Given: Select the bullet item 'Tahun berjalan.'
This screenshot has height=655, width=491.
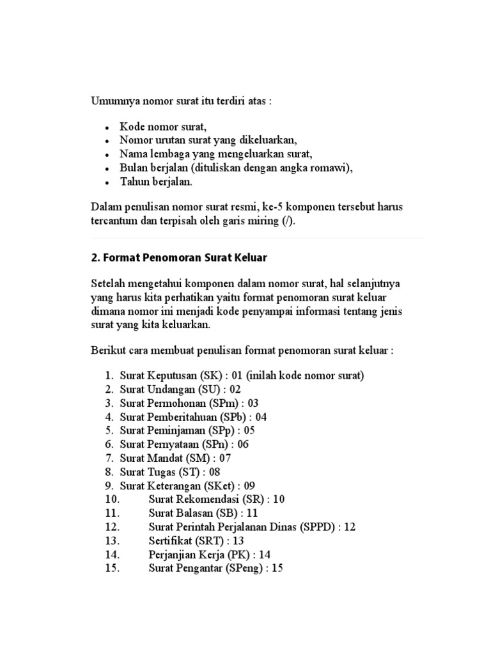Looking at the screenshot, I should (x=156, y=181).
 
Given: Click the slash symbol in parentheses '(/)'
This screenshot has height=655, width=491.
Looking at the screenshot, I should (x=287, y=221).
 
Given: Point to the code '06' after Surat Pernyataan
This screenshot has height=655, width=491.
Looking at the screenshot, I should (x=242, y=445).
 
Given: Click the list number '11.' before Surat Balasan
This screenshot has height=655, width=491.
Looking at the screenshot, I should (x=111, y=513).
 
